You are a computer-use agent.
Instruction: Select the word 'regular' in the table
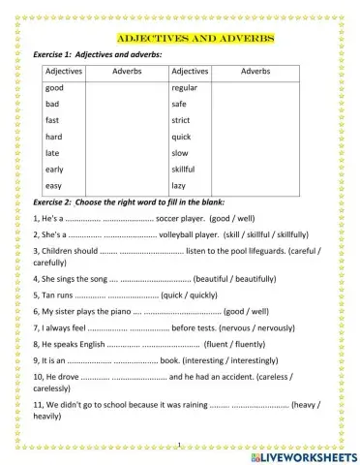coord(184,87)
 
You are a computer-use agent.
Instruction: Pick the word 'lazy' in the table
coord(178,185)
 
